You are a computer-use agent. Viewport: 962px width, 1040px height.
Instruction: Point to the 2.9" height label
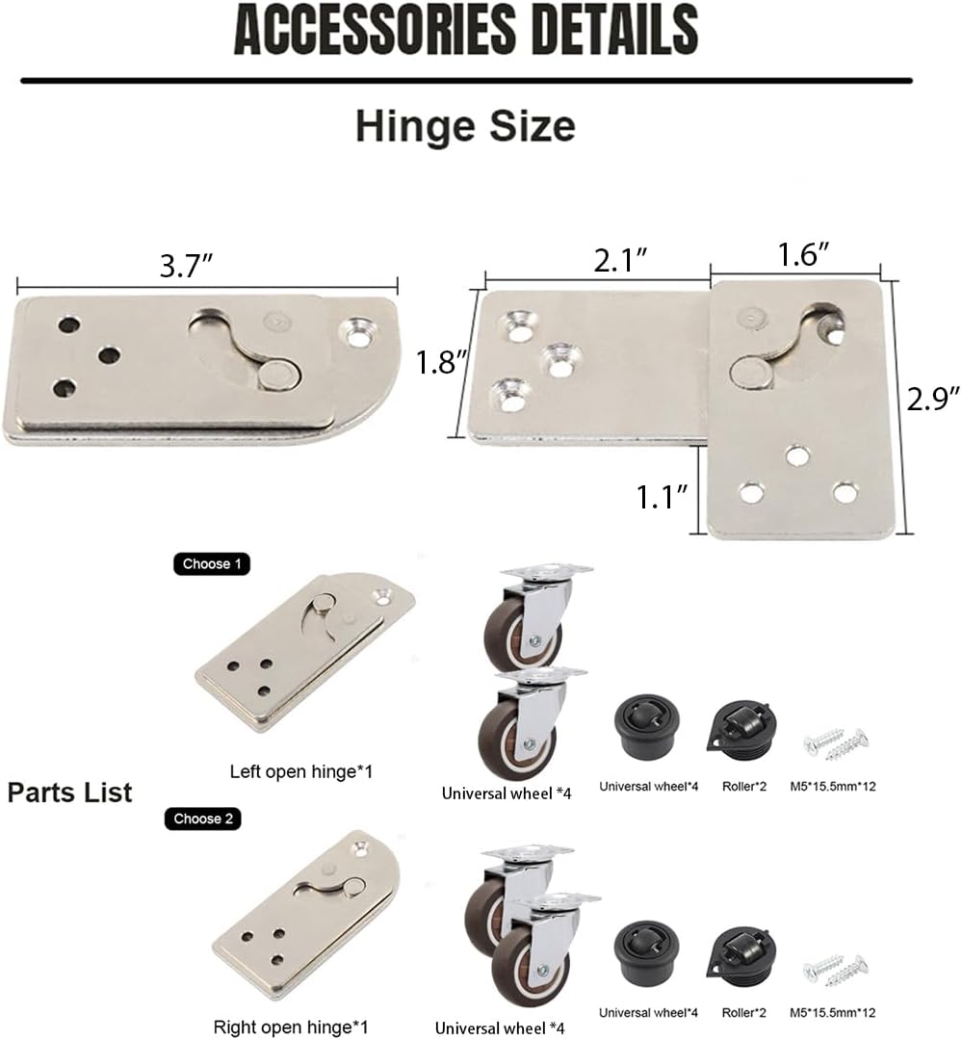point(934,398)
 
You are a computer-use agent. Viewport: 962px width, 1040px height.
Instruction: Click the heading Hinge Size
point(465,126)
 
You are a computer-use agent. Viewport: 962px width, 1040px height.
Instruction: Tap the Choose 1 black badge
point(211,563)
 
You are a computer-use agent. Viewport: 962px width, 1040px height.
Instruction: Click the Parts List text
point(69,793)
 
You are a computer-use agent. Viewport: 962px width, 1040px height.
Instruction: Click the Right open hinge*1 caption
point(291,1027)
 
